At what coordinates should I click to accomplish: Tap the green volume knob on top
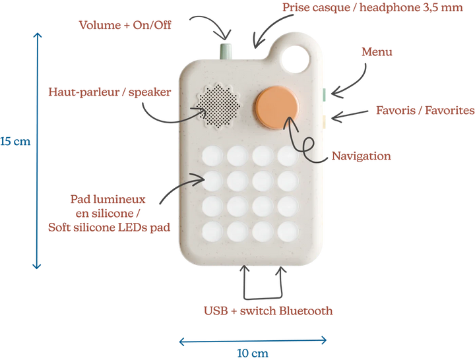tap(226, 51)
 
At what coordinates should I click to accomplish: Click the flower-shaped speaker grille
tap(218, 106)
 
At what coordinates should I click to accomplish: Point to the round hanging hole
tap(296, 58)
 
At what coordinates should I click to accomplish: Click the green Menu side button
tap(324, 95)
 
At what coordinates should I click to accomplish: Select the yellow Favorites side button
tap(324, 122)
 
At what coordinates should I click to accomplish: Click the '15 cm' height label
tap(15, 141)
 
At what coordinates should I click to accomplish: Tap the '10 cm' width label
tap(253, 353)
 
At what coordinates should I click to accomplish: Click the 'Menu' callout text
tap(377, 52)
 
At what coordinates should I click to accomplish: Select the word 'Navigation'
tap(361, 156)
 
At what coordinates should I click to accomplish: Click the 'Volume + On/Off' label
tap(125, 25)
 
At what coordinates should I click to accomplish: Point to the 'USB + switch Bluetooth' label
tap(268, 311)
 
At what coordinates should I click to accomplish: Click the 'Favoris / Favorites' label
tap(426, 111)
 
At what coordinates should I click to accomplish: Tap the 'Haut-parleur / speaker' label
tap(110, 92)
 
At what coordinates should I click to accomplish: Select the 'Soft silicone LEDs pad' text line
tap(109, 227)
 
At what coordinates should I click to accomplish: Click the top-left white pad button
tap(212, 156)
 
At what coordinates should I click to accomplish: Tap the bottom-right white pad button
tap(288, 231)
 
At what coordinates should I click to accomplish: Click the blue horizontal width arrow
tap(253, 342)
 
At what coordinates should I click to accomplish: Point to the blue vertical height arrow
tap(37, 150)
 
